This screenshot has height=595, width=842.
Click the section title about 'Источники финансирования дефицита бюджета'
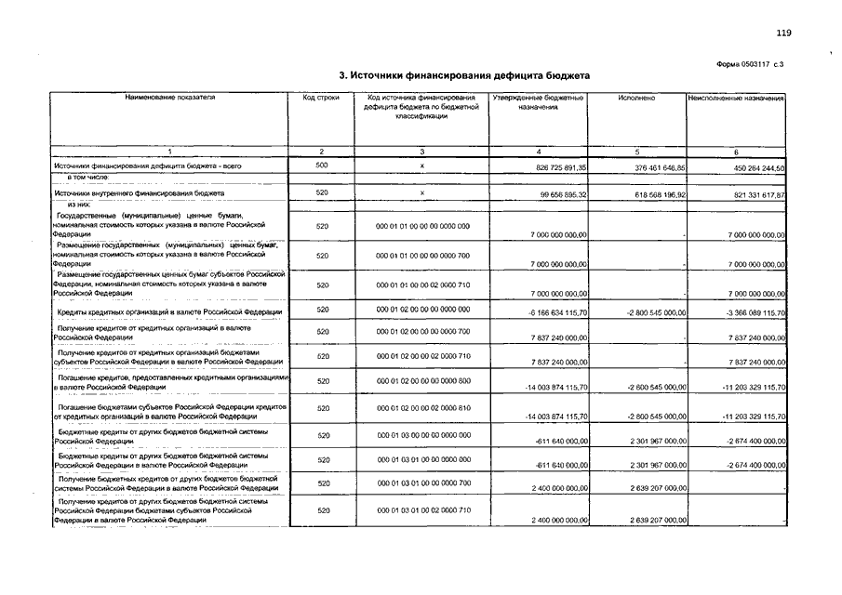pyautogui.click(x=463, y=75)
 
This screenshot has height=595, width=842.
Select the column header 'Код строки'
pyautogui.click(x=321, y=98)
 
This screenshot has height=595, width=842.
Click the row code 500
pyautogui.click(x=321, y=165)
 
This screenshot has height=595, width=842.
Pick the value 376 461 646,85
pyautogui.click(x=647, y=167)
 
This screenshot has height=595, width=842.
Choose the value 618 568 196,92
pyautogui.click(x=647, y=195)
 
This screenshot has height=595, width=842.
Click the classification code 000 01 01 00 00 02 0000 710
pyautogui.click(x=422, y=285)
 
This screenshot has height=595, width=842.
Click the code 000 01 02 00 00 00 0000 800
pyautogui.click(x=422, y=380)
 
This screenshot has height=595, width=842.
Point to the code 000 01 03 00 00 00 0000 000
pyautogui.click(x=422, y=434)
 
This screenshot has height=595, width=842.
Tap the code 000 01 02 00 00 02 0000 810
pyautogui.click(x=422, y=408)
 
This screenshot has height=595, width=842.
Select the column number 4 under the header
pyautogui.click(x=539, y=151)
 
